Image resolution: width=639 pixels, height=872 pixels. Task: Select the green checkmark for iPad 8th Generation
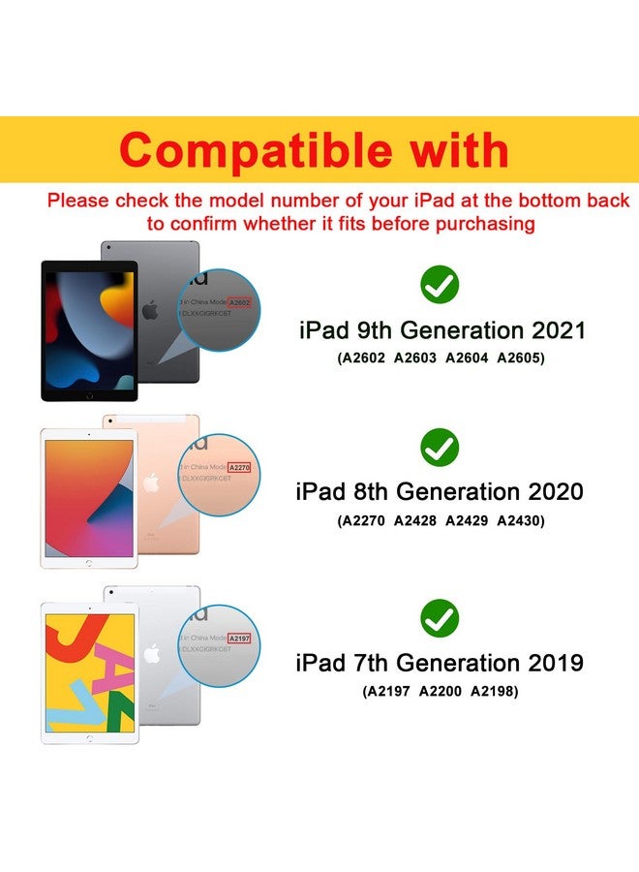[440, 447]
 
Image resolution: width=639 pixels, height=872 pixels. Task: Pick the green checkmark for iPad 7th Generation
[440, 617]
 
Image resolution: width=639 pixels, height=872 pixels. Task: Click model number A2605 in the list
[521, 358]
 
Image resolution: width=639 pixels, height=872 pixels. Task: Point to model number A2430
[521, 520]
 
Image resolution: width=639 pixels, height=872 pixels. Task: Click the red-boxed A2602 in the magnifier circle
[240, 303]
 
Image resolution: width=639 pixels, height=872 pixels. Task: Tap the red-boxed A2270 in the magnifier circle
[240, 468]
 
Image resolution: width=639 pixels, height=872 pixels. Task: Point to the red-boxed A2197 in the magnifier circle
[240, 639]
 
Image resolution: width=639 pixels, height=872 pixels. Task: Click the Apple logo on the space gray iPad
[149, 312]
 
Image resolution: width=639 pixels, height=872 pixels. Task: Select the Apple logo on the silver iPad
[150, 655]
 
